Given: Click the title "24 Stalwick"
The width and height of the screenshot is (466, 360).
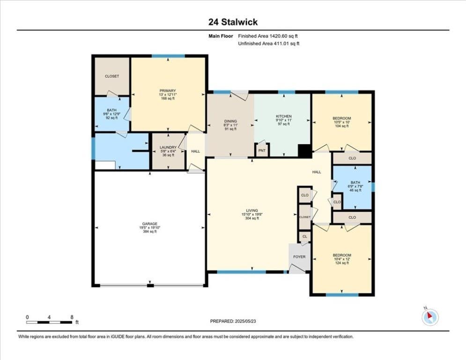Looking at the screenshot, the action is coord(233,22).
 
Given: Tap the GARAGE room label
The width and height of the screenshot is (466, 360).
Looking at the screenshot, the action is coord(149,224).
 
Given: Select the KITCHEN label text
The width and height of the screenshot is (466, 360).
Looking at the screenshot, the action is coord(284,116).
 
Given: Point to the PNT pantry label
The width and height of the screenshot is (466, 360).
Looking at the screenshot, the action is coord(262,150).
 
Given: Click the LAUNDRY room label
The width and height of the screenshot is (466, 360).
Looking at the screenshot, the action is coord(168,147).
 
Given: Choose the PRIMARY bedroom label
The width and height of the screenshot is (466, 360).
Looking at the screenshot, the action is coord(168,91).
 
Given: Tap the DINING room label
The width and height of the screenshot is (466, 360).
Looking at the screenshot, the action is coord(230,121).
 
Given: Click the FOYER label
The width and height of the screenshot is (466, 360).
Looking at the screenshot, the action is coord(299,257).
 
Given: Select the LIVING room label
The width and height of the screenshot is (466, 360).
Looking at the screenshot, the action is coord(251,210).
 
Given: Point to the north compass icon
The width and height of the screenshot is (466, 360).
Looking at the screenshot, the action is coord(430,317).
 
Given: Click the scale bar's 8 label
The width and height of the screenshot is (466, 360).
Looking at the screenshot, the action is coord(72,317).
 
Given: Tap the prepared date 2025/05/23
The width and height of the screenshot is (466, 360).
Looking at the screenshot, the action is coord(245,321).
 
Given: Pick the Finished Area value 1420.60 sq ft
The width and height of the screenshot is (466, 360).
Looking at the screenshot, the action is coord(283,36).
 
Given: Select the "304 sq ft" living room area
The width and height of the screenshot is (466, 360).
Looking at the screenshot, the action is coord(251,218).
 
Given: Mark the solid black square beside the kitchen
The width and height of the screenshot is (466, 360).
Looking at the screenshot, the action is coord(304,151).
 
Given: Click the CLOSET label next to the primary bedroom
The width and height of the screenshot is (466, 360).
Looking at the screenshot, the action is coord(112,76).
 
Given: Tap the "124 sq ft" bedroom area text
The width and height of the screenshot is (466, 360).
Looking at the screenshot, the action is coord(342,262).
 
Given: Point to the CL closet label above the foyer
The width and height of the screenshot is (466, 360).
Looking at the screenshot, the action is coord(304,237).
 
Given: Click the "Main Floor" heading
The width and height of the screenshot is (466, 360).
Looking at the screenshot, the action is coord(221,36).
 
